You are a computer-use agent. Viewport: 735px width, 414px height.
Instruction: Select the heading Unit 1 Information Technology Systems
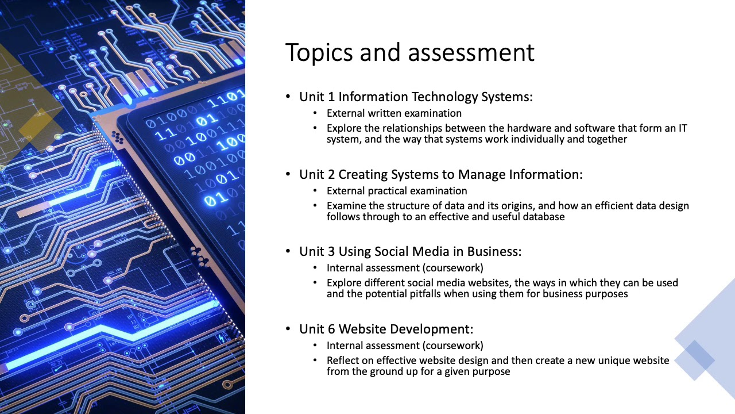416,97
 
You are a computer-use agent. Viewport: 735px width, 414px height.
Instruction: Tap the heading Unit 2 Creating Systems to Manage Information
440,174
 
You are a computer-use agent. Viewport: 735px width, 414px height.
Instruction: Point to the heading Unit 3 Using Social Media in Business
410,251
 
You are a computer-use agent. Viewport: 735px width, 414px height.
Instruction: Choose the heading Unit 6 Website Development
386,329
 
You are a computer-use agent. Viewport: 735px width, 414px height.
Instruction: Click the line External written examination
394,113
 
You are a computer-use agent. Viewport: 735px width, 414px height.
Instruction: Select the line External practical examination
397,190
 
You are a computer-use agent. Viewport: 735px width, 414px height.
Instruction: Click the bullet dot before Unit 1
288,97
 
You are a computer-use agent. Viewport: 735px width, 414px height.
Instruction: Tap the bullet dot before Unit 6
288,329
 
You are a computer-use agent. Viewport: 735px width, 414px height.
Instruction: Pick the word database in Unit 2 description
543,217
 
